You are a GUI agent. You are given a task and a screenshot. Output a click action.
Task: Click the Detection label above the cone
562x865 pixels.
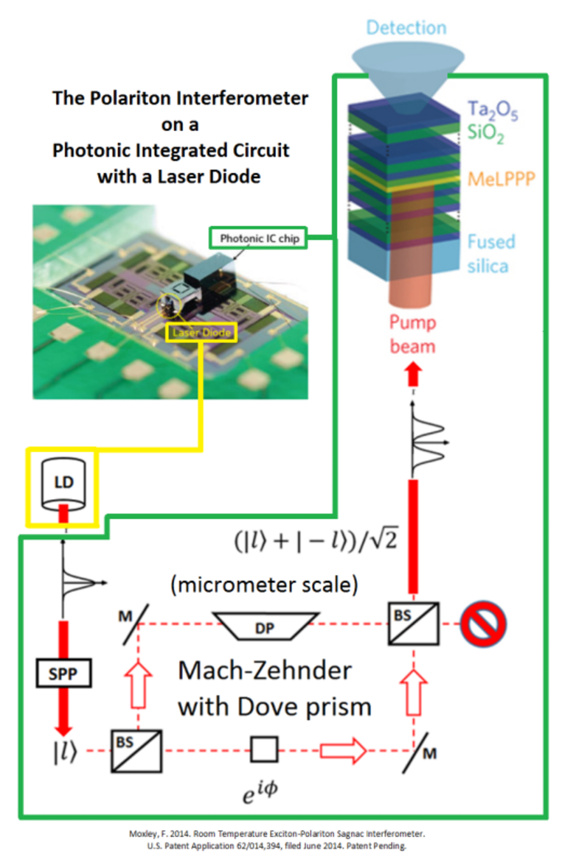point(406,27)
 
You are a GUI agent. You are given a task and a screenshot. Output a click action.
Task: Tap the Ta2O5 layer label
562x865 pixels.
point(492,111)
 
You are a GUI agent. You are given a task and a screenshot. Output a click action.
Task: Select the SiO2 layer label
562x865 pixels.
point(485,133)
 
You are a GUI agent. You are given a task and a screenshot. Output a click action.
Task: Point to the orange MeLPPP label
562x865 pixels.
point(501,179)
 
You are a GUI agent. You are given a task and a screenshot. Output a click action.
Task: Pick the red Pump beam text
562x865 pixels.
point(412,334)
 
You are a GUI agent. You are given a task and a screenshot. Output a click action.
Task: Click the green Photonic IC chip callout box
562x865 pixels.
point(259,238)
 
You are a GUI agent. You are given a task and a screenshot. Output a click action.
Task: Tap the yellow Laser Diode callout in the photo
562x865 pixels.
point(202,332)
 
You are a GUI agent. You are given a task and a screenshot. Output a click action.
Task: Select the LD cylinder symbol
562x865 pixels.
point(63,485)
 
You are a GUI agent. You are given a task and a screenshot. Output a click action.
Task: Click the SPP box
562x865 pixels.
point(63,673)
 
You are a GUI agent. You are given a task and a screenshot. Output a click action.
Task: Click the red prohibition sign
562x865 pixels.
point(483,624)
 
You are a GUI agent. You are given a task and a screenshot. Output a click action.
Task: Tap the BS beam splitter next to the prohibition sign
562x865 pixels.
point(413,623)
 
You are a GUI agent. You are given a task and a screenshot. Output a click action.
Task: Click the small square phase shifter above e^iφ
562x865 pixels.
point(264,749)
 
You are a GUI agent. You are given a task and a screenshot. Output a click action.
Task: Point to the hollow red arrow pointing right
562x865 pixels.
point(343,750)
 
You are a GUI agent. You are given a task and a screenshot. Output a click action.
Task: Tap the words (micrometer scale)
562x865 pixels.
point(264,585)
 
